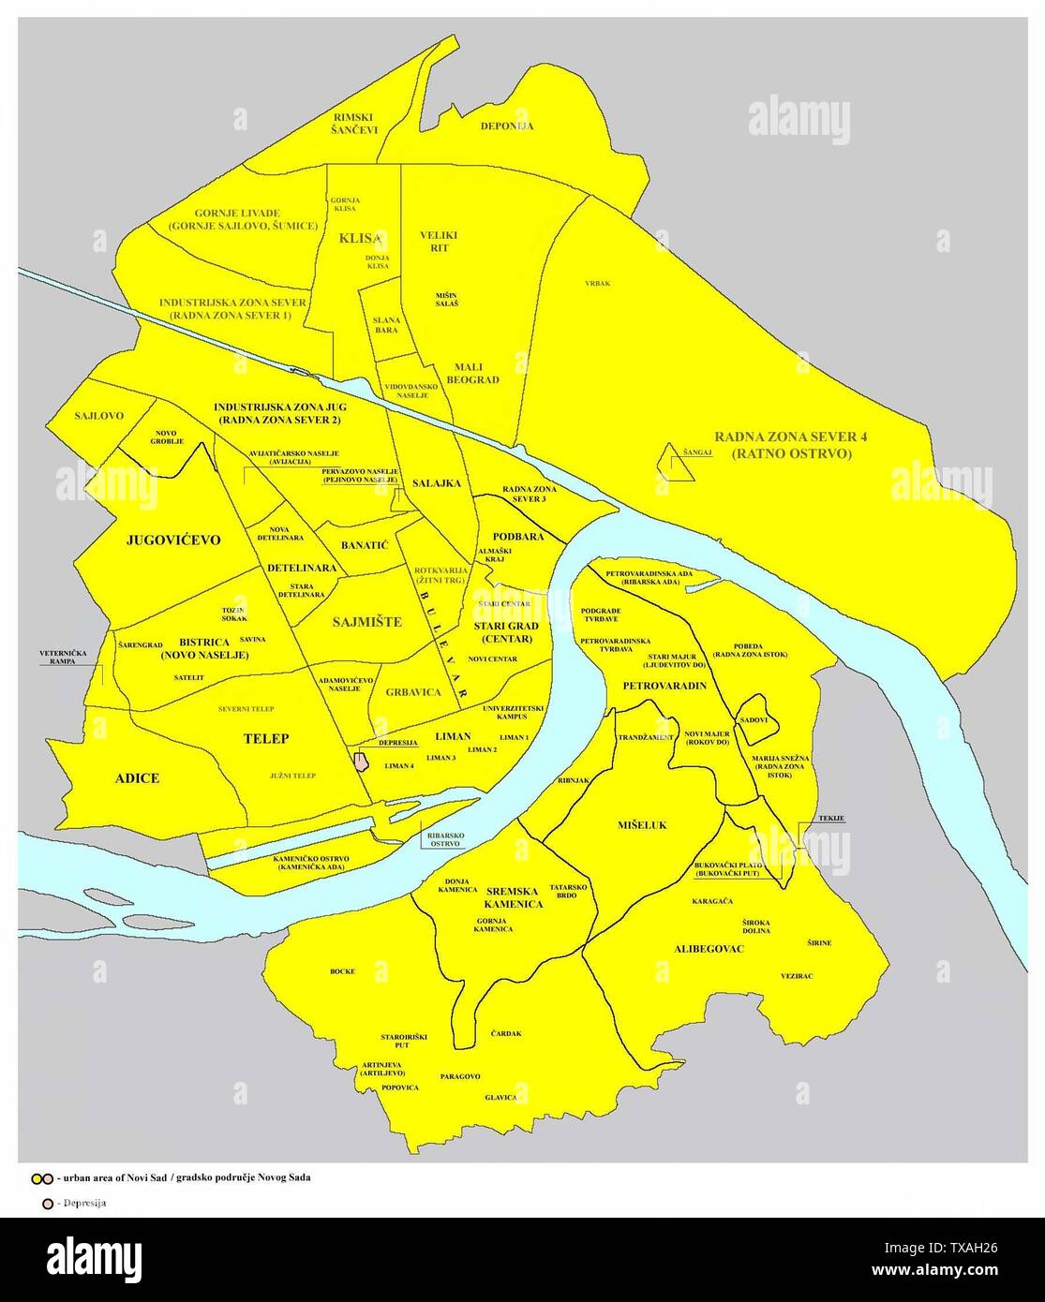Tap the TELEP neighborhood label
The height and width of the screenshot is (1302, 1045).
(x=266, y=738)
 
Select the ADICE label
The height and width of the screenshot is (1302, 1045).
(x=137, y=778)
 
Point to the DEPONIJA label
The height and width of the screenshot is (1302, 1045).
(x=506, y=126)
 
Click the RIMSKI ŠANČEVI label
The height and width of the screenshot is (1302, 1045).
(x=355, y=124)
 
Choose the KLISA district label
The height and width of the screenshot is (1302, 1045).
(x=361, y=239)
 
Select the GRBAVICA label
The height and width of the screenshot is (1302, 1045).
(x=412, y=693)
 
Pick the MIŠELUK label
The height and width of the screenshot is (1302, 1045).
(x=642, y=825)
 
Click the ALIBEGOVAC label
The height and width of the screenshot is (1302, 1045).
(x=709, y=949)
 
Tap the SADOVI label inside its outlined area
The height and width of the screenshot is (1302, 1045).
(x=754, y=719)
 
